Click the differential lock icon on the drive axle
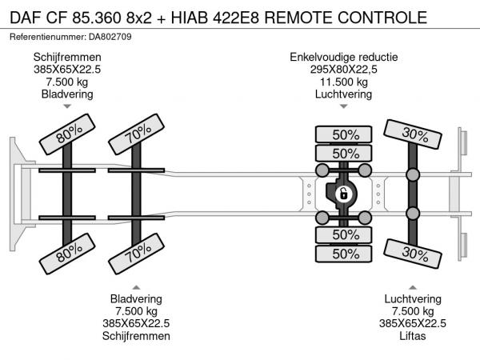tap(343, 194)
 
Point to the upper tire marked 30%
tap(413, 134)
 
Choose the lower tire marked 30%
tap(413, 253)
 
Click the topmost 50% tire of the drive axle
tap(345, 134)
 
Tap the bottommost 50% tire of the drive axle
tap(345, 254)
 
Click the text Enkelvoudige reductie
tap(344, 58)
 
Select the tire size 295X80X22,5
tap(344, 70)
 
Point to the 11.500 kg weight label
tap(344, 82)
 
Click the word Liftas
tap(412, 336)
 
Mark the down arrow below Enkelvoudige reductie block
tap(344, 106)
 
